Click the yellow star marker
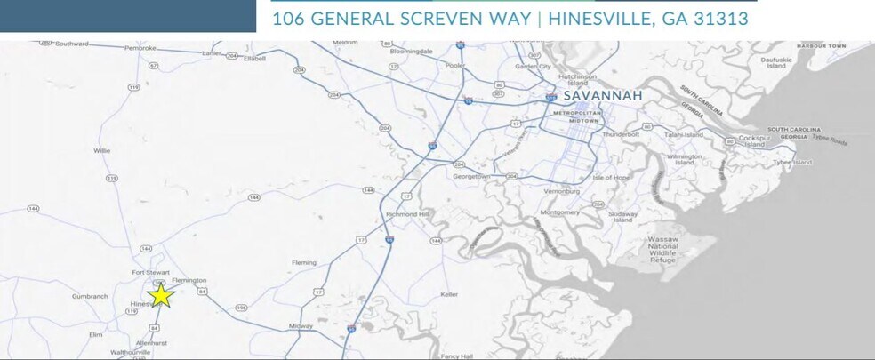(160, 295)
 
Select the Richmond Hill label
(408, 214)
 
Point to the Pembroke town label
(140, 47)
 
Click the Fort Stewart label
(150, 272)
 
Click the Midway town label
(302, 326)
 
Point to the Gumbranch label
(90, 296)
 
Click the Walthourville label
(130, 352)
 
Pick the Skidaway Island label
(622, 216)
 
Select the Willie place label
(102, 150)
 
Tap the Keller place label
(448, 294)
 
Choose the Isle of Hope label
(611, 177)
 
